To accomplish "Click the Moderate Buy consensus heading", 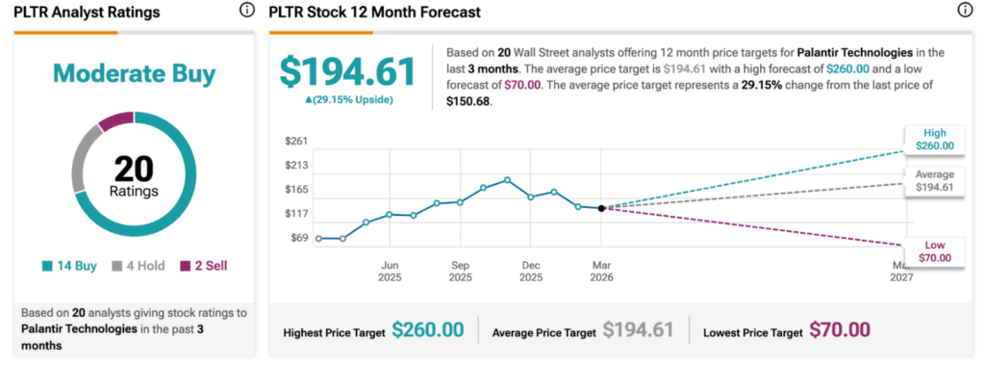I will (x=134, y=73).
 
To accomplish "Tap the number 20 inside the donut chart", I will (x=134, y=170).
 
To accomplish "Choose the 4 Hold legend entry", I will (x=138, y=266).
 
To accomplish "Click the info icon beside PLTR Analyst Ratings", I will (x=246, y=12).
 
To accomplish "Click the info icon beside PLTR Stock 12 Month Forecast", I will (x=965, y=12).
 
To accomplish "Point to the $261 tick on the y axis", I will (x=296, y=142).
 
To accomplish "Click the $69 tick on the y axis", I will (x=298, y=237).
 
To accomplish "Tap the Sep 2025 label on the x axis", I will (x=460, y=271).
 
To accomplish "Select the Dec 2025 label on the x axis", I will (x=530, y=271).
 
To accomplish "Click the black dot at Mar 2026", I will (x=601, y=208).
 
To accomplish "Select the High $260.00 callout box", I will (x=932, y=139).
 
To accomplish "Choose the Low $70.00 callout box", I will (x=932, y=250).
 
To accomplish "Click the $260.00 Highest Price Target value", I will (x=428, y=330).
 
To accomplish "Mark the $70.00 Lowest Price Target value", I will (x=840, y=330).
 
